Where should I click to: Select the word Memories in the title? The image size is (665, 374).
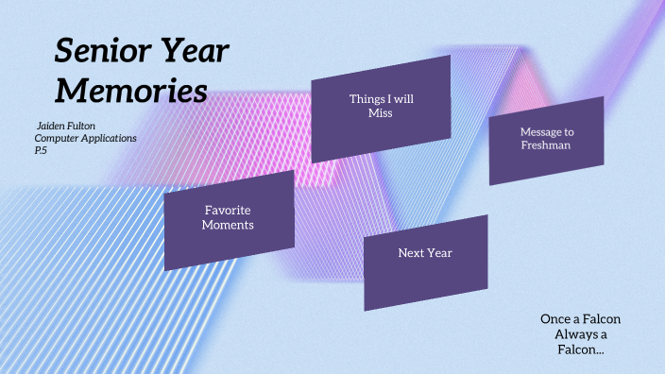point(130,91)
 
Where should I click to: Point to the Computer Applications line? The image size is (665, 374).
point(85,138)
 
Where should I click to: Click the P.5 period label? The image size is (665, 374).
point(42,150)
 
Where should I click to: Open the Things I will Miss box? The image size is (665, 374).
point(380,107)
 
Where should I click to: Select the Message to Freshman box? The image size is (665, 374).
point(546,140)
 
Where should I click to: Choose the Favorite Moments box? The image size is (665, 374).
point(229,218)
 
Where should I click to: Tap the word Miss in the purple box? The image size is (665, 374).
point(380,113)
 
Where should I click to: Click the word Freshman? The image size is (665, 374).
point(546,145)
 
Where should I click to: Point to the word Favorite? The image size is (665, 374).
point(229,210)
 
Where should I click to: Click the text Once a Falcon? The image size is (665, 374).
point(580,319)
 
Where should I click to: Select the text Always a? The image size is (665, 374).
point(580,334)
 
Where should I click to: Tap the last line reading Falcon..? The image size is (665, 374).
point(580,349)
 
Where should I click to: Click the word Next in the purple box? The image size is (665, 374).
point(411,253)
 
